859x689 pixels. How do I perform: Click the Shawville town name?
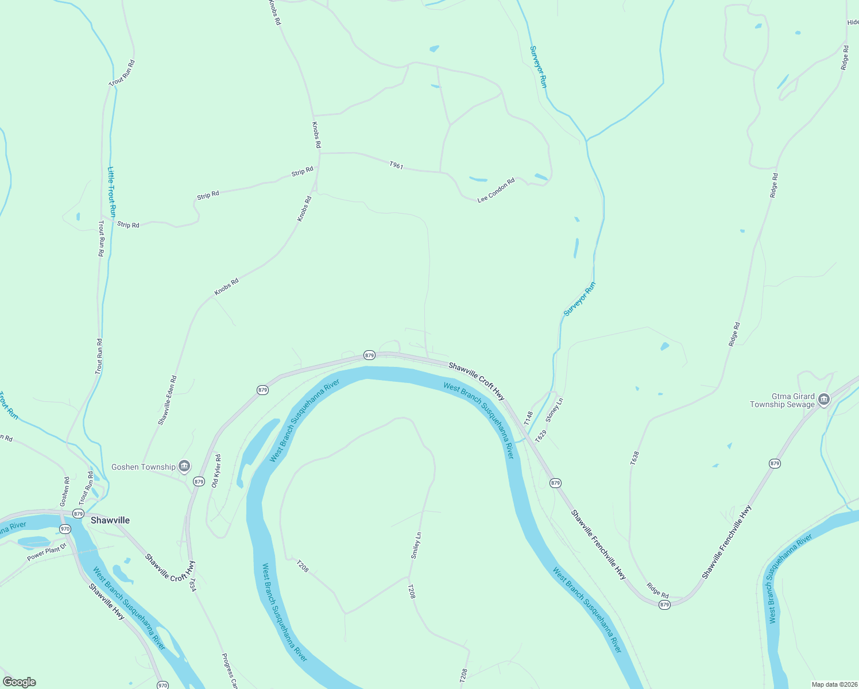[110, 520]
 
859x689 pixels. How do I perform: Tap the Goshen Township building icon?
[184, 466]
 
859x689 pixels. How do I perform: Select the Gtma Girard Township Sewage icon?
[824, 400]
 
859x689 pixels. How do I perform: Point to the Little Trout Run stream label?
[112, 191]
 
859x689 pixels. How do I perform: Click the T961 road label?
[396, 165]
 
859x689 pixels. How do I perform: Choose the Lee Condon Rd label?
[496, 190]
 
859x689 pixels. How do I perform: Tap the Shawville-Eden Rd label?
[168, 400]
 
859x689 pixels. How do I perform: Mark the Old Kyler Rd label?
[216, 471]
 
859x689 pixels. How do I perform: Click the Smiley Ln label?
[416, 545]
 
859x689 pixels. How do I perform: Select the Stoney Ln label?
[555, 410]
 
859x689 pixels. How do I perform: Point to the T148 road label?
[529, 417]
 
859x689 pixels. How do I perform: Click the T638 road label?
[634, 458]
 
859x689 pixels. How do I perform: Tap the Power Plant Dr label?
[47, 553]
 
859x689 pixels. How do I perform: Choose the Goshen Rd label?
[65, 491]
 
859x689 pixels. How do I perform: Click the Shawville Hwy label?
[107, 601]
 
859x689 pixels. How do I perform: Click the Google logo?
[20, 682]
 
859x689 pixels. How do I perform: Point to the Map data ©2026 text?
[833, 684]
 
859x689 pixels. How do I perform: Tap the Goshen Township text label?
[144, 467]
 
